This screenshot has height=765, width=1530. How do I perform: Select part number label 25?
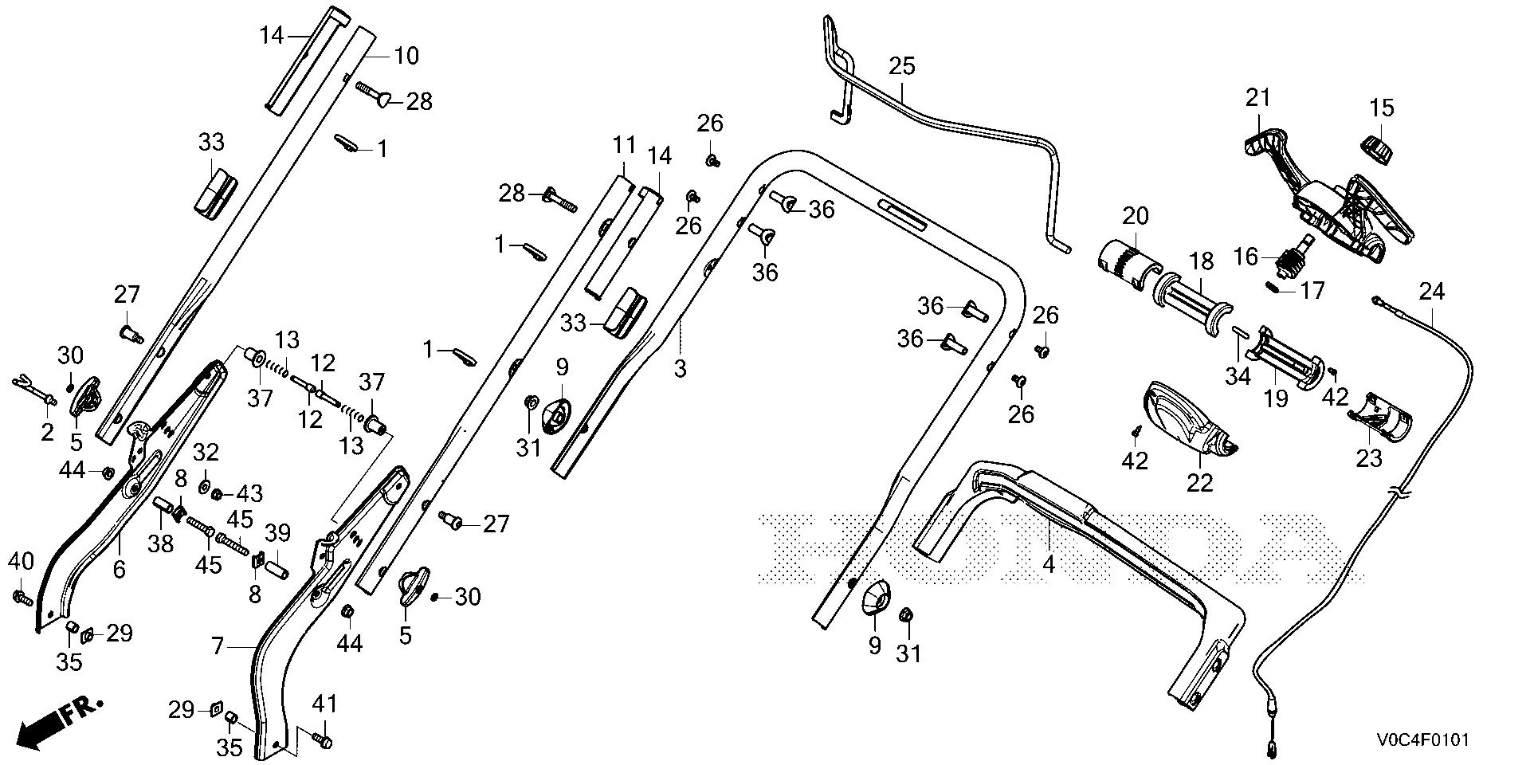pos(903,66)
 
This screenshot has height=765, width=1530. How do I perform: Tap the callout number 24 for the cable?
pos(1432,292)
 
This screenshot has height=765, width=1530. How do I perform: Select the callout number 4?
pos(1049,565)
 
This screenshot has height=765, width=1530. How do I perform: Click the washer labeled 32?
pos(202,485)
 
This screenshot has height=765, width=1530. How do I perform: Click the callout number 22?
pos(1200,482)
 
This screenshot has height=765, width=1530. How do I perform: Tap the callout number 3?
pos(680,369)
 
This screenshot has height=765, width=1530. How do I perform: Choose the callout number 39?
pos(278,532)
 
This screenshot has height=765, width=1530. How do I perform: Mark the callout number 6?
pos(120,569)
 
